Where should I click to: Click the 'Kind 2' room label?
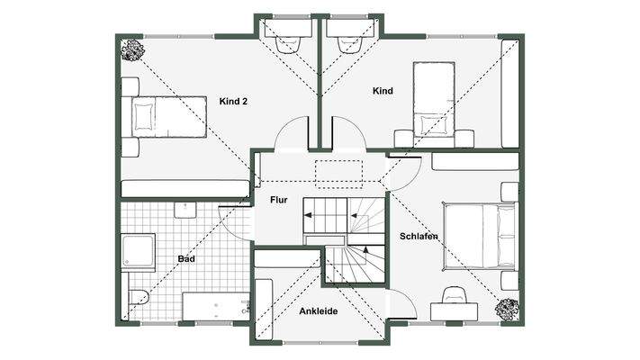pyautogui.click(x=233, y=101)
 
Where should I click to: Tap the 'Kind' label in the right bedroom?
pyautogui.click(x=383, y=91)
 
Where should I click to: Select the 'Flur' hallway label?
pyautogui.click(x=279, y=200)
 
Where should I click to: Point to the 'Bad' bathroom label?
pyautogui.click(x=186, y=259)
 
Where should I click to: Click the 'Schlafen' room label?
pyautogui.click(x=419, y=237)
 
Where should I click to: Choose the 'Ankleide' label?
pyautogui.click(x=319, y=311)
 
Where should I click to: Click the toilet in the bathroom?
pyautogui.click(x=139, y=297)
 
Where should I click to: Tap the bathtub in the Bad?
pyautogui.click(x=216, y=306)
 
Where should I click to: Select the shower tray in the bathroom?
pyautogui.click(x=139, y=251)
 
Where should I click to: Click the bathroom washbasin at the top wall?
pyautogui.click(x=185, y=210)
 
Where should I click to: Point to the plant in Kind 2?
pyautogui.click(x=132, y=50)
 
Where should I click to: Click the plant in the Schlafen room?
pyautogui.click(x=508, y=309)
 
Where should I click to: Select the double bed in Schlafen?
pyautogui.click(x=479, y=237)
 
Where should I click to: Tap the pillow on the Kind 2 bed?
pyautogui.click(x=143, y=116)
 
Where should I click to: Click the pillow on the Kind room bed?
pyautogui.click(x=434, y=125)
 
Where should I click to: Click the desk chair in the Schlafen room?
pyautogui.click(x=454, y=294)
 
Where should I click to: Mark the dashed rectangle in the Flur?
pyautogui.click(x=338, y=175)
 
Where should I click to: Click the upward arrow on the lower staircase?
pyautogui.click(x=365, y=251)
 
